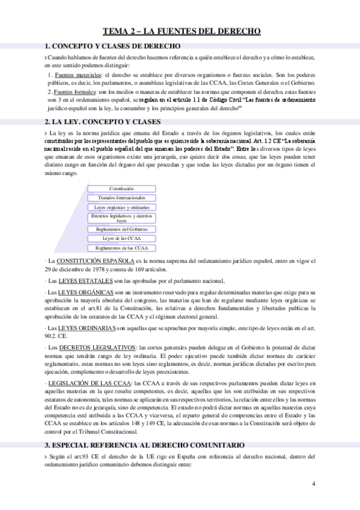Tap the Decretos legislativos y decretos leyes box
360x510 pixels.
(121, 218)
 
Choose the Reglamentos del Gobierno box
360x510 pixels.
(121, 229)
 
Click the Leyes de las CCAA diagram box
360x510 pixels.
(121, 238)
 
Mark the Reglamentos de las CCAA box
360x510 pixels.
(121, 248)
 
